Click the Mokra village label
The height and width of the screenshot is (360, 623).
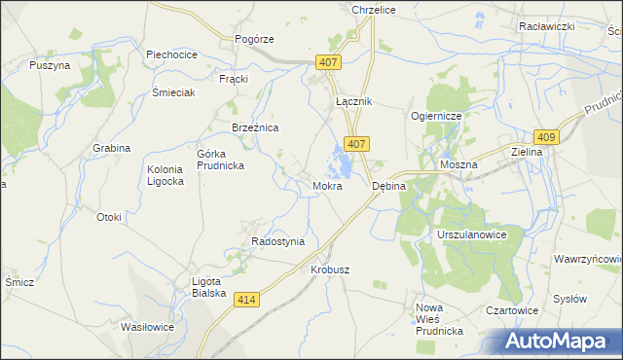point(327,185)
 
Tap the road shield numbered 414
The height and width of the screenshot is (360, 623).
point(246,302)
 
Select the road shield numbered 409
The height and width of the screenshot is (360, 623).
point(545,138)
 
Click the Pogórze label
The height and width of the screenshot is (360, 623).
point(254,39)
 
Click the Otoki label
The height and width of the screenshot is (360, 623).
point(108,217)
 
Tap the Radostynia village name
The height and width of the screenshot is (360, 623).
point(277,241)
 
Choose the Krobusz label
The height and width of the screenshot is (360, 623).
point(329,270)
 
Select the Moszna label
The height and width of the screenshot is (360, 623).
point(458,165)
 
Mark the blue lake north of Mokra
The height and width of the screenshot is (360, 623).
point(344,156)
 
